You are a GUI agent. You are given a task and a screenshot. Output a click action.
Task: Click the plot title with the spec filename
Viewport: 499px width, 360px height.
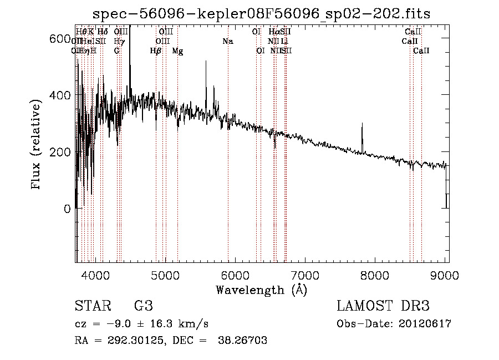(x=262, y=13)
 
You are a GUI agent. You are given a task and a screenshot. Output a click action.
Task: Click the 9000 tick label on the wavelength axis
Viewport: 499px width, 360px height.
(x=446, y=274)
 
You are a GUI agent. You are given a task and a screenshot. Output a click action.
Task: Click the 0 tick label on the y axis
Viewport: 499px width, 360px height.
(x=67, y=209)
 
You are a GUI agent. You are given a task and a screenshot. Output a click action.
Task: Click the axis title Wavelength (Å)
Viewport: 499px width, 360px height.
(x=261, y=290)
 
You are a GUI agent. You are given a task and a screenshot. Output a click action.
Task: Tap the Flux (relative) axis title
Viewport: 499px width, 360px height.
(x=37, y=145)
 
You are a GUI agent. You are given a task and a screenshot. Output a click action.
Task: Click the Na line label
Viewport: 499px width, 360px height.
(x=228, y=41)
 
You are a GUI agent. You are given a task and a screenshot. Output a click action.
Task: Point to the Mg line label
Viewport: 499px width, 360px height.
(x=177, y=51)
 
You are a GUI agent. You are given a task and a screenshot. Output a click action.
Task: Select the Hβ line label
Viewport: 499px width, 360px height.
(x=156, y=51)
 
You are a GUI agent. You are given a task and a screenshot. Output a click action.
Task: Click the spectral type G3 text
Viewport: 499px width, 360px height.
(x=144, y=306)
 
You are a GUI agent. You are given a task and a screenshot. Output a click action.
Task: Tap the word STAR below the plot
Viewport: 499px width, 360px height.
(x=91, y=306)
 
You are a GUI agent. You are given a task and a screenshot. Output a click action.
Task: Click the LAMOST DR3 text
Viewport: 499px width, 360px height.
(x=383, y=306)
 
